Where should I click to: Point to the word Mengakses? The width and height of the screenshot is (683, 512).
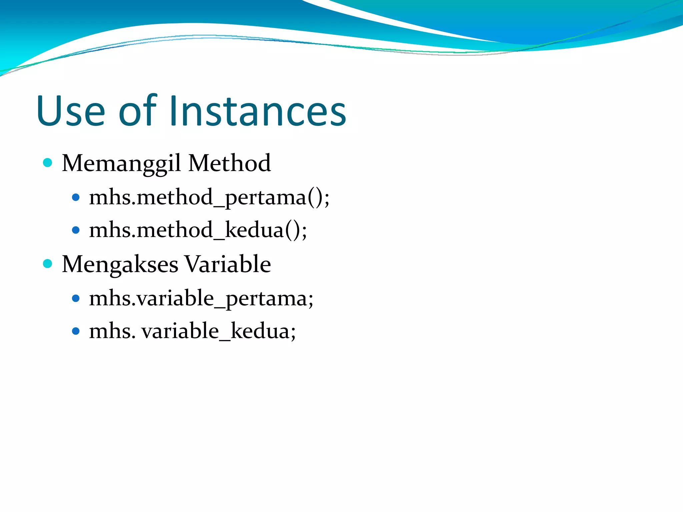(x=120, y=264)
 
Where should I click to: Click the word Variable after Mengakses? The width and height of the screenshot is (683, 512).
(x=227, y=264)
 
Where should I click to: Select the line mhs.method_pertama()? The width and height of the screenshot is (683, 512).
(x=209, y=197)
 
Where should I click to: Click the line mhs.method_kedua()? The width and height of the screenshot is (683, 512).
(x=198, y=230)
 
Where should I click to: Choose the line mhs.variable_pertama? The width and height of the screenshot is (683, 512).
(x=201, y=298)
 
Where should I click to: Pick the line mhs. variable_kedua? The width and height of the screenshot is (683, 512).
(x=192, y=331)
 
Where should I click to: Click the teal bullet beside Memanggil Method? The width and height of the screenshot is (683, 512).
(x=48, y=163)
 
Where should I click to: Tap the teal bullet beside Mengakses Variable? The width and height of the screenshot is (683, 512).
(x=48, y=264)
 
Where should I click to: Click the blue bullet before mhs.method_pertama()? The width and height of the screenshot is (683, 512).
(x=76, y=197)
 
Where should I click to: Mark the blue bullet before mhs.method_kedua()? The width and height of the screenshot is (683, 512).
(x=76, y=230)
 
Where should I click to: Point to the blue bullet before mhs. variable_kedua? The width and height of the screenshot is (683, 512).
(x=76, y=331)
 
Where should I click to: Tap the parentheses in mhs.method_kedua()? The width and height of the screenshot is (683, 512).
(x=292, y=230)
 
